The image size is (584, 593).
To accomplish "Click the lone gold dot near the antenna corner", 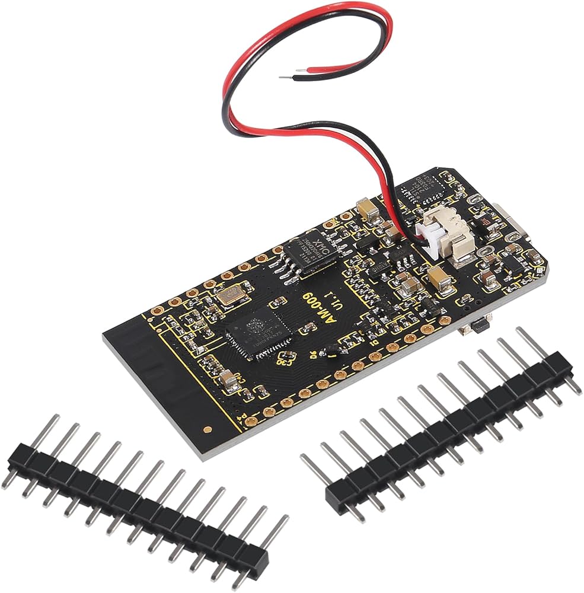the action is coord(207,428).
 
